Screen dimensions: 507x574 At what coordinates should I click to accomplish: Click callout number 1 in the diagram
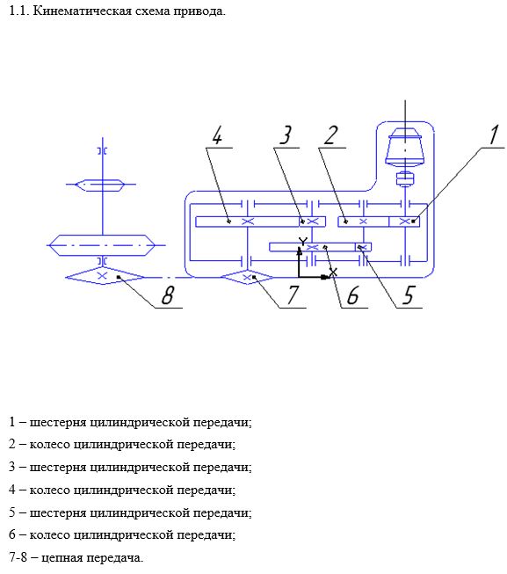coord(494,134)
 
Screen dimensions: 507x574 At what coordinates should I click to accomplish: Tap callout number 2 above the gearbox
coord(331,135)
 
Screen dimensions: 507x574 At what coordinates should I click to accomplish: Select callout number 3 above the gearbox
coord(286,135)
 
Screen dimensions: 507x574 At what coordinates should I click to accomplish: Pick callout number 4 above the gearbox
coord(217,135)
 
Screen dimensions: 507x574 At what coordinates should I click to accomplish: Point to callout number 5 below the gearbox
coord(409,295)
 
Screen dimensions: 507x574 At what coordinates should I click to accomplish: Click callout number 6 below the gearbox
coord(352,295)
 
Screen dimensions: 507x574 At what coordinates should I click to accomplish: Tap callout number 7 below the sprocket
coord(293,295)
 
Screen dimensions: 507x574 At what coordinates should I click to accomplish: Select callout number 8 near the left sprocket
coord(168,295)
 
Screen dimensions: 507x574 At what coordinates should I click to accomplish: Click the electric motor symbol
coord(405,148)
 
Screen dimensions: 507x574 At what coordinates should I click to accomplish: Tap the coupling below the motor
coord(405,179)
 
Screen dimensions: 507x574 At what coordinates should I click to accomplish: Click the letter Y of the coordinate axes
coord(303,242)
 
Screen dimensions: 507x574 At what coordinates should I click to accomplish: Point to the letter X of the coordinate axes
coord(333,272)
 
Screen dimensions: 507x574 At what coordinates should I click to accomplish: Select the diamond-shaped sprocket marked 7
coord(247,277)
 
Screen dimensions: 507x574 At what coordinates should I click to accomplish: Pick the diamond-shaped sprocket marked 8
coord(105,276)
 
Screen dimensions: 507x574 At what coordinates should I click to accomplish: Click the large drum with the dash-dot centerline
coord(103,245)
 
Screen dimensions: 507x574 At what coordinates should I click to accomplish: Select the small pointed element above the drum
coord(100,185)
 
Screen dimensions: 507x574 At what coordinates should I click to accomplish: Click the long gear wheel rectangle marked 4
coord(247,222)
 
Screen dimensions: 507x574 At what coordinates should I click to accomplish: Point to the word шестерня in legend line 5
coord(58,512)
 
